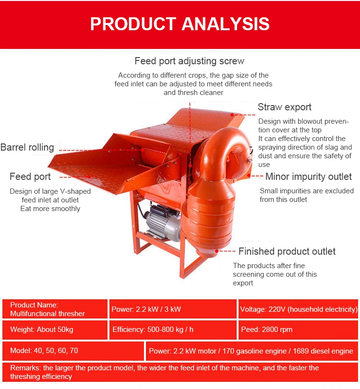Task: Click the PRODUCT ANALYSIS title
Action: click(180, 24)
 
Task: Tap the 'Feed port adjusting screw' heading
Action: click(189, 61)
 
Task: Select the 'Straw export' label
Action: click(284, 107)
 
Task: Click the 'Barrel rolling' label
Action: click(27, 147)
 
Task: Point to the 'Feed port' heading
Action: click(30, 177)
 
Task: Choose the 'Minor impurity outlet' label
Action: click(308, 177)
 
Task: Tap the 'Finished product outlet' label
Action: click(287, 251)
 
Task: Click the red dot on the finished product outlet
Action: click(217, 250)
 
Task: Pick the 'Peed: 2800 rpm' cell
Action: click(266, 330)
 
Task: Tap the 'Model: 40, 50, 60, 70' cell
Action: click(44, 351)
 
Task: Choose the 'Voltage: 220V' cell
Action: click(298, 309)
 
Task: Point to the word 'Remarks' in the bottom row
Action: click(24, 368)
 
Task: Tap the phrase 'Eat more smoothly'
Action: click(50, 209)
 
